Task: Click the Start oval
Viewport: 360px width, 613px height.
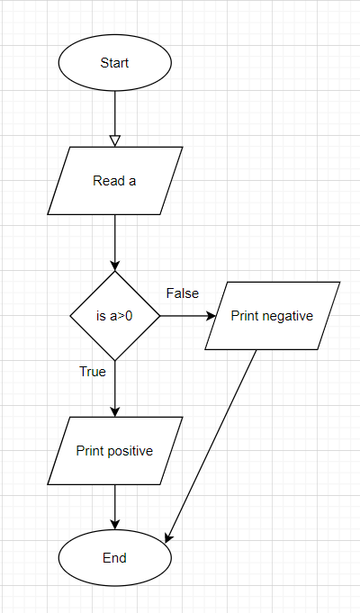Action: point(114,63)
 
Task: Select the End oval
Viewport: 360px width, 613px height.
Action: point(114,558)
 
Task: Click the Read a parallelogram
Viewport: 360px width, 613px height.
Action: point(114,181)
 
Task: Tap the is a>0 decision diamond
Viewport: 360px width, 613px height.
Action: point(114,316)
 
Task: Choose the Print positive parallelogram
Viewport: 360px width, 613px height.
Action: point(114,451)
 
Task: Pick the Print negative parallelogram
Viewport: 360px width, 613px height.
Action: point(272,316)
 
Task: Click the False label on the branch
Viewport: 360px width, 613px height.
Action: point(183,293)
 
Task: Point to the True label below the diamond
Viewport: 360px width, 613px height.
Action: point(93,371)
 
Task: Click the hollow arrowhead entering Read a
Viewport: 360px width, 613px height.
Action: point(114,140)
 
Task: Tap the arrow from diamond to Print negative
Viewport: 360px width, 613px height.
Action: point(184,316)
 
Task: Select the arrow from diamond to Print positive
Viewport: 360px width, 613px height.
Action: point(114,387)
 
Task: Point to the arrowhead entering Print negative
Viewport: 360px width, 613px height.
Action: point(211,316)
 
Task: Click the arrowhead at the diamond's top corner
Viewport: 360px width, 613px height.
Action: point(114,266)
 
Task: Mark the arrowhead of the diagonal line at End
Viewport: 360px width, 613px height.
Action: point(168,537)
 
